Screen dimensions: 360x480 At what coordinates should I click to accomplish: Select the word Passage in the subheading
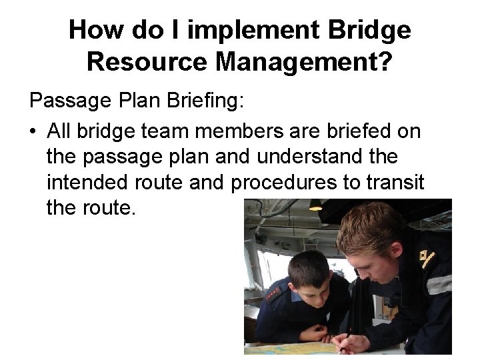coord(69,103)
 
